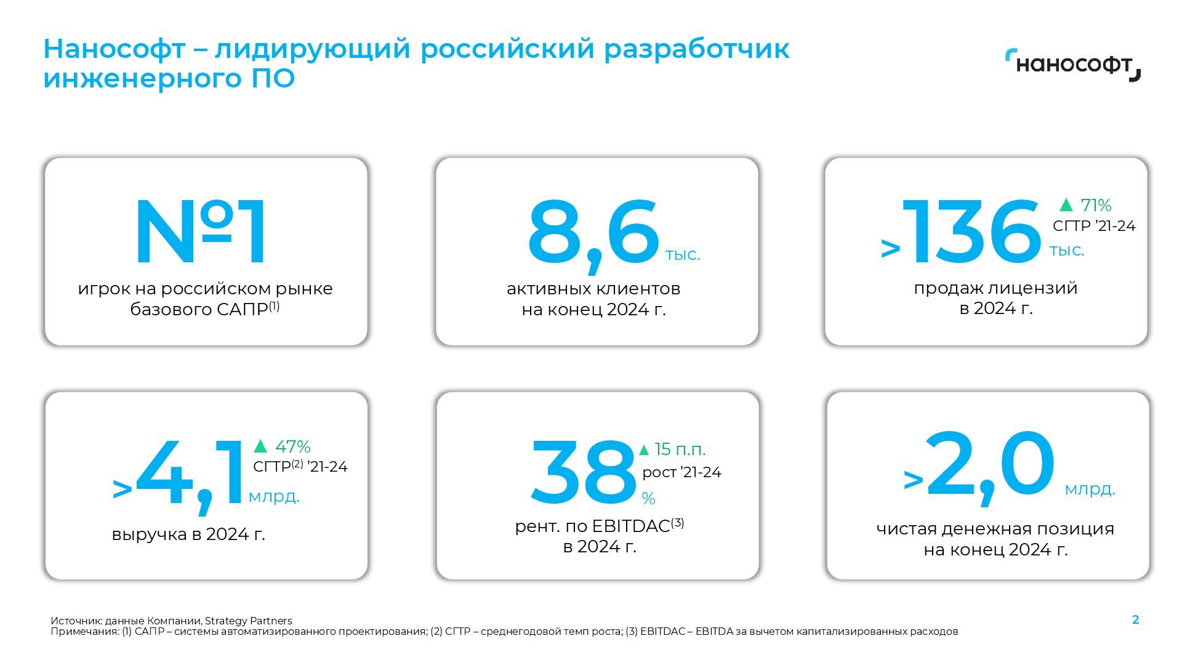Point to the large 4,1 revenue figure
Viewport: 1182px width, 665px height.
pos(190,474)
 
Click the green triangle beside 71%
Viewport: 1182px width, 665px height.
pos(1066,204)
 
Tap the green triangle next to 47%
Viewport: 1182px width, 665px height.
pos(260,446)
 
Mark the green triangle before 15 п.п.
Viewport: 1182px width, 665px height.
pos(644,450)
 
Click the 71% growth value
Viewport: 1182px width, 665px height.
pos(1096,205)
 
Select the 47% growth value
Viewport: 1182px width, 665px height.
pos(293,446)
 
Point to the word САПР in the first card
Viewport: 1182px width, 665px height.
pos(242,309)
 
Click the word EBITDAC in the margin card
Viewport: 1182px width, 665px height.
pos(630,526)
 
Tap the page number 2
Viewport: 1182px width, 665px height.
pos(1136,620)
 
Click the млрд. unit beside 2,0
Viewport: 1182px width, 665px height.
pos(1090,490)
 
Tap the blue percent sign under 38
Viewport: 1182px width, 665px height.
pos(648,499)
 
